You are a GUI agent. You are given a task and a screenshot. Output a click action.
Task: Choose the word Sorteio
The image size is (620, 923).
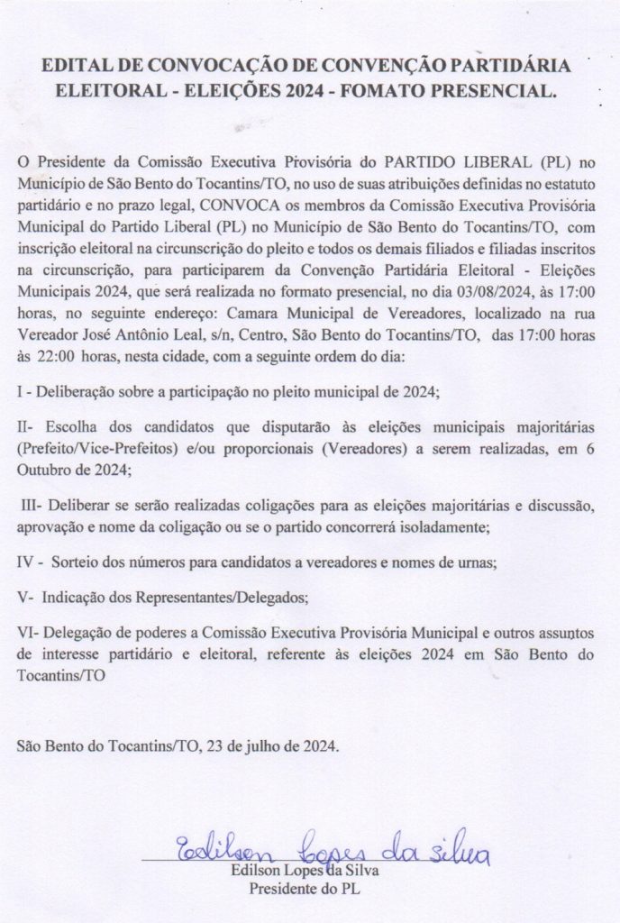tap(76, 562)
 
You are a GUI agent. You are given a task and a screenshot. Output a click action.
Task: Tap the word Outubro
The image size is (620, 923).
tap(44, 468)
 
